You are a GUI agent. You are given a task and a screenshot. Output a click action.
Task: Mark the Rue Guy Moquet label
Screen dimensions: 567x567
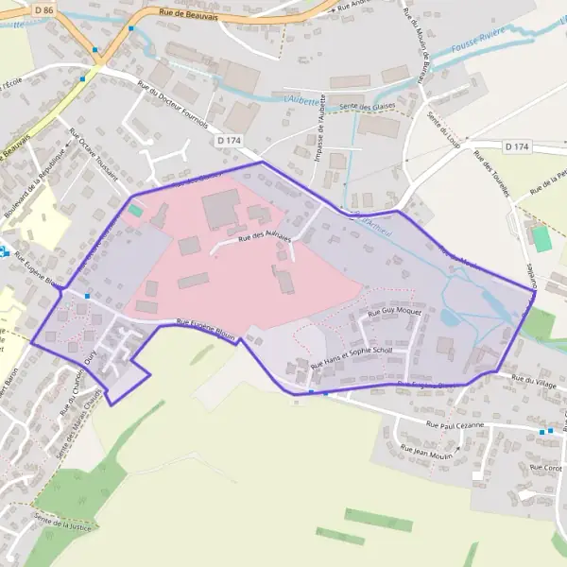point(394,311)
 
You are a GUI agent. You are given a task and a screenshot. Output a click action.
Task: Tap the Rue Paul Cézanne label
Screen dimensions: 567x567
point(455,425)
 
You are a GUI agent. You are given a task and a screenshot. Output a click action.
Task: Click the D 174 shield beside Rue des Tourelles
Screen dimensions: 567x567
point(517,146)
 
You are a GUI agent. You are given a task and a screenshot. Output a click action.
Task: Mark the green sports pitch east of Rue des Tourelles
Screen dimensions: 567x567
point(541,238)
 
